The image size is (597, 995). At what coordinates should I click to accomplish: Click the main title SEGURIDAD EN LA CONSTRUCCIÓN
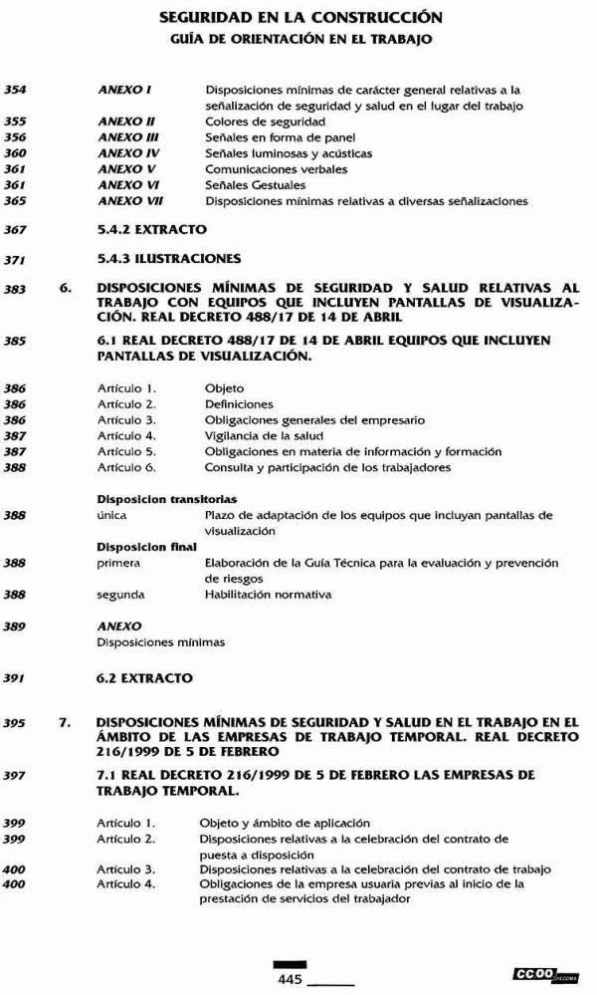[299, 18]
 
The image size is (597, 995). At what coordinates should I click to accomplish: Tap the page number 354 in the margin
[15, 90]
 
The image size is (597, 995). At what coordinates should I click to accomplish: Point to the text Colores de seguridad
[255, 122]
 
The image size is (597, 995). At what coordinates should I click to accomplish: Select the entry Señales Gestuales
[255, 185]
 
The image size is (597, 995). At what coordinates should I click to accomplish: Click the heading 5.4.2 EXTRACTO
[152, 229]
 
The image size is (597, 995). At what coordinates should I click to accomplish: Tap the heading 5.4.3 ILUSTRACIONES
[169, 259]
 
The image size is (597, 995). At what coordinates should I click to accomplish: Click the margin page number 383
[15, 290]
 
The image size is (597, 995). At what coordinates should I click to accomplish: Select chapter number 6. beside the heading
[67, 289]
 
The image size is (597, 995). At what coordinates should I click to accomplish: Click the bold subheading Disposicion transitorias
[166, 499]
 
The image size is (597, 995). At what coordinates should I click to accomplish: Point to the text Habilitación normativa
[268, 595]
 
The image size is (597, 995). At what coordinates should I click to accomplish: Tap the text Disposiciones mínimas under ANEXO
[160, 642]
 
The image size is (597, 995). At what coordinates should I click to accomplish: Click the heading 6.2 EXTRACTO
[144, 678]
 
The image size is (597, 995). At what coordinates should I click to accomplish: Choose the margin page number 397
[15, 774]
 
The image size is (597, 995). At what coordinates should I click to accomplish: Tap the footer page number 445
[290, 980]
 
